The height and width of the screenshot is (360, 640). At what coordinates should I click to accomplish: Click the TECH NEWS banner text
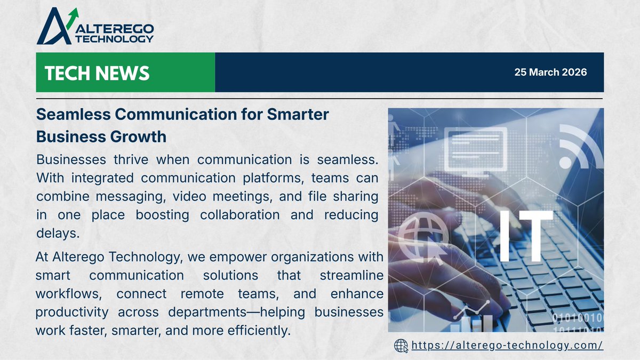(97, 73)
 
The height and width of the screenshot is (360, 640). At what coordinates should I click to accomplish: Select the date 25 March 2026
(550, 73)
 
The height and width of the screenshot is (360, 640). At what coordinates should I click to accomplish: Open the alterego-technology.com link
(507, 346)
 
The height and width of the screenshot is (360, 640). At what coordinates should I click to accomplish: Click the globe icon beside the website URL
(401, 346)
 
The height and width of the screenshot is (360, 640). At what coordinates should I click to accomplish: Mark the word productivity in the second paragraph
(72, 311)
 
